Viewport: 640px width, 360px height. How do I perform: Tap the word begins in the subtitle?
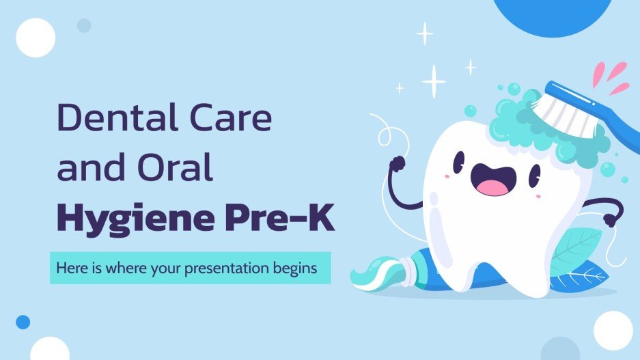pyautogui.click(x=298, y=268)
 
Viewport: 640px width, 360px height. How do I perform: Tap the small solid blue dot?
pyautogui.click(x=23, y=322)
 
